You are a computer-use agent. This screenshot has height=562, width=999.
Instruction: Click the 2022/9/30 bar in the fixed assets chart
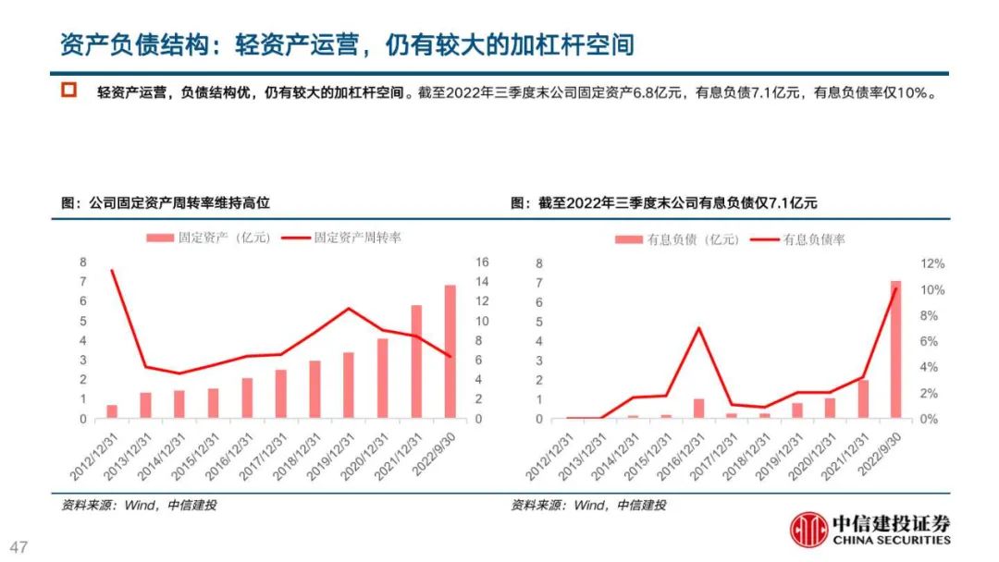tap(450, 352)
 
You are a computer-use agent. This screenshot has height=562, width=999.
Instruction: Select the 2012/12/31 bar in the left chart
tap(112, 411)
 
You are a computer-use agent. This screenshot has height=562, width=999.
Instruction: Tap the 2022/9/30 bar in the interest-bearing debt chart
tap(895, 349)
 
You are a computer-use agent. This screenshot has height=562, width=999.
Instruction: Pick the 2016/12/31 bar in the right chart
tap(699, 409)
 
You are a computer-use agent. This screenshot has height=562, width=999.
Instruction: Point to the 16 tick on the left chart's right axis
tap(481, 263)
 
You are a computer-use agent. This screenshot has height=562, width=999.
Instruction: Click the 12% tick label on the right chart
tap(932, 263)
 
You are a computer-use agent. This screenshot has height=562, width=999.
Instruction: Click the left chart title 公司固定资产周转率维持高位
tap(166, 202)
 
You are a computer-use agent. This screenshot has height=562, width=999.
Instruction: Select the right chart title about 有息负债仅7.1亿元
tap(664, 202)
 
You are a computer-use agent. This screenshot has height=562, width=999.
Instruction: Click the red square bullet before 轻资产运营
tap(68, 92)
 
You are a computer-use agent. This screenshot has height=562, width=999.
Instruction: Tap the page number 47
tap(19, 546)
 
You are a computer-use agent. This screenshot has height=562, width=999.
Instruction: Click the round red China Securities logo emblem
tap(809, 530)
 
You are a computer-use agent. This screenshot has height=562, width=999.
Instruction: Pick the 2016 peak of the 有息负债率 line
tap(699, 328)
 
